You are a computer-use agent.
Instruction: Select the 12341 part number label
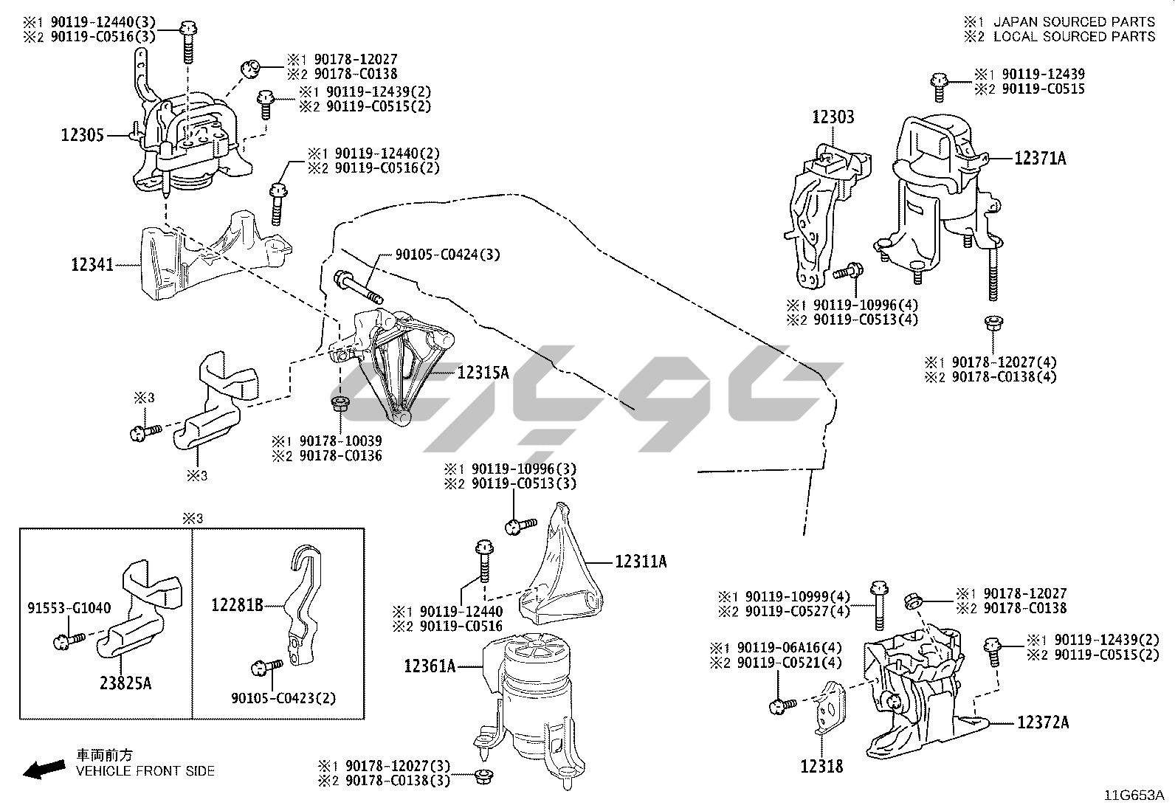92,263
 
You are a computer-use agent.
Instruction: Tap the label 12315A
483,373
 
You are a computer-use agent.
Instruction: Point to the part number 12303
833,117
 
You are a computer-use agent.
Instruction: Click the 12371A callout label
1040,158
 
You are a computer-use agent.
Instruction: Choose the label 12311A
641,562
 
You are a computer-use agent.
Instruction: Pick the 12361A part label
430,666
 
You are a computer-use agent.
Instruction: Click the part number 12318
821,767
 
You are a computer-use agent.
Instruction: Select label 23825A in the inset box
125,683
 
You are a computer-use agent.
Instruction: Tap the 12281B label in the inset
237,606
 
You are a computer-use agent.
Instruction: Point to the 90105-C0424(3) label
447,255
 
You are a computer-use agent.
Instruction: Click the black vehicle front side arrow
43,770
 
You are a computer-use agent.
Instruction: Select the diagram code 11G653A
1134,796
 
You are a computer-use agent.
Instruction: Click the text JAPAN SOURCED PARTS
1073,22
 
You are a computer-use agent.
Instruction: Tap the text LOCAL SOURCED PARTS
1073,36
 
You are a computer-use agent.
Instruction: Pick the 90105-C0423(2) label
283,697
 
